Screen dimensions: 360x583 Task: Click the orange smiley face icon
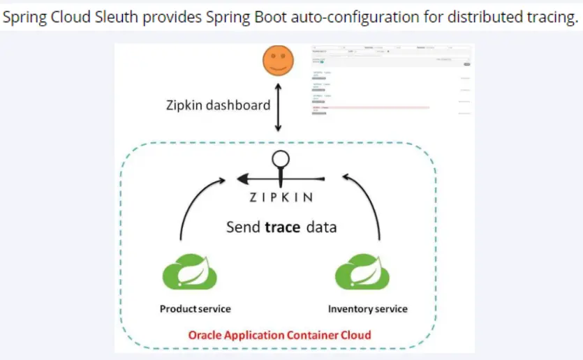click(x=277, y=61)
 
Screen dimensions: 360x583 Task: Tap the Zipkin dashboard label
click(x=218, y=105)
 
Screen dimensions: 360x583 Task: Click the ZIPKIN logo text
click(x=281, y=197)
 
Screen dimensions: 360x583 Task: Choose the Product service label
click(x=195, y=308)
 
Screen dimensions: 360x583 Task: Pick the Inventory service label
click(x=368, y=308)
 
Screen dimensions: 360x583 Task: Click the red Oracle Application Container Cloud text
click(x=279, y=335)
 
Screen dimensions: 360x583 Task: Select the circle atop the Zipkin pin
click(x=280, y=158)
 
